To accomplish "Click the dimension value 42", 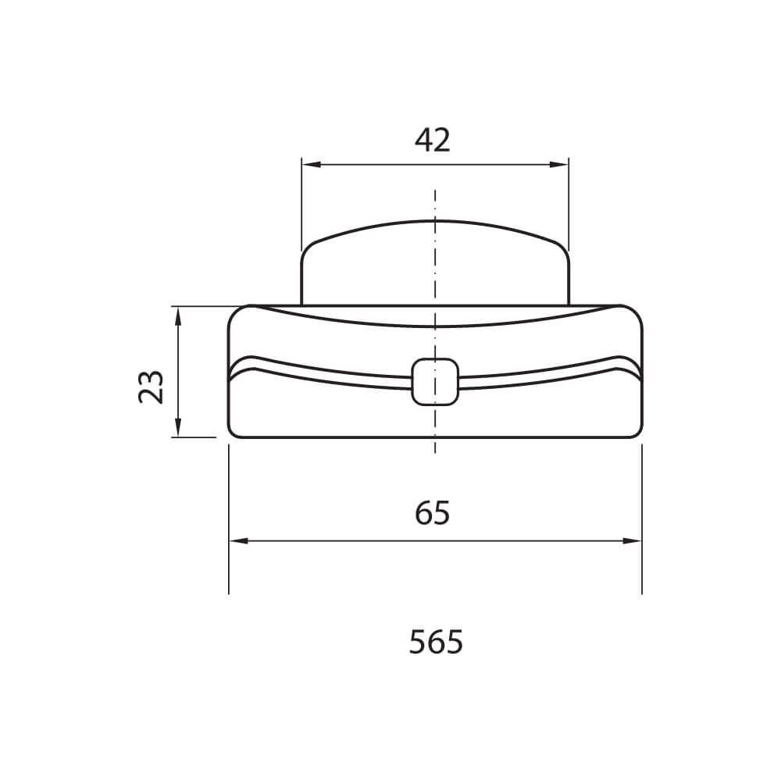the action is coord(433,140).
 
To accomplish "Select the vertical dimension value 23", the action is coord(151,387).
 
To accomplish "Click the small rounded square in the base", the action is coord(435,382).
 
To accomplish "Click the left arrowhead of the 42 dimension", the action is coord(310,164).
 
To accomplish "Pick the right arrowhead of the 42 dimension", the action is coord(559,164).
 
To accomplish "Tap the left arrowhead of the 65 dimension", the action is coord(237,541).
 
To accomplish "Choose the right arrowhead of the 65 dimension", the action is coord(633,541).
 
